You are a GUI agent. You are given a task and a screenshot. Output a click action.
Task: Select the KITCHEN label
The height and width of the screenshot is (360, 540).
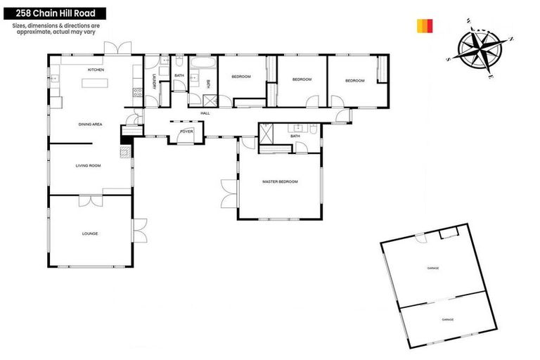click(96, 70)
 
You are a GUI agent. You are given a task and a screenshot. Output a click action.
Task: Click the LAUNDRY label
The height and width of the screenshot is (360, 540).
click(153, 85)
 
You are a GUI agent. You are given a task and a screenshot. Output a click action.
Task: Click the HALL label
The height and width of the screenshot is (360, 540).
click(205, 112)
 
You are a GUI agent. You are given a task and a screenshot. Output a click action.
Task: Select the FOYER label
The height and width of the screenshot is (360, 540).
click(186, 131)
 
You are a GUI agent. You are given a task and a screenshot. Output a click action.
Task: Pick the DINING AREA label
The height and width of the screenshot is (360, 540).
click(90, 124)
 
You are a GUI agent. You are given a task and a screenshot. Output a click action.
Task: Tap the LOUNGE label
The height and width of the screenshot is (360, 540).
click(89, 233)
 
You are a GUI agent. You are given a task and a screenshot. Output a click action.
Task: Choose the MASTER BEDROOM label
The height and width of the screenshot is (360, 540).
click(280, 181)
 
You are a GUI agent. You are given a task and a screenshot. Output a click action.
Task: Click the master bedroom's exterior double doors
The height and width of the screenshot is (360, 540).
click(229, 191)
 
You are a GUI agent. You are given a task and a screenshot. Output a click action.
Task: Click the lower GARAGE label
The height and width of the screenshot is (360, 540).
click(447, 319)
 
